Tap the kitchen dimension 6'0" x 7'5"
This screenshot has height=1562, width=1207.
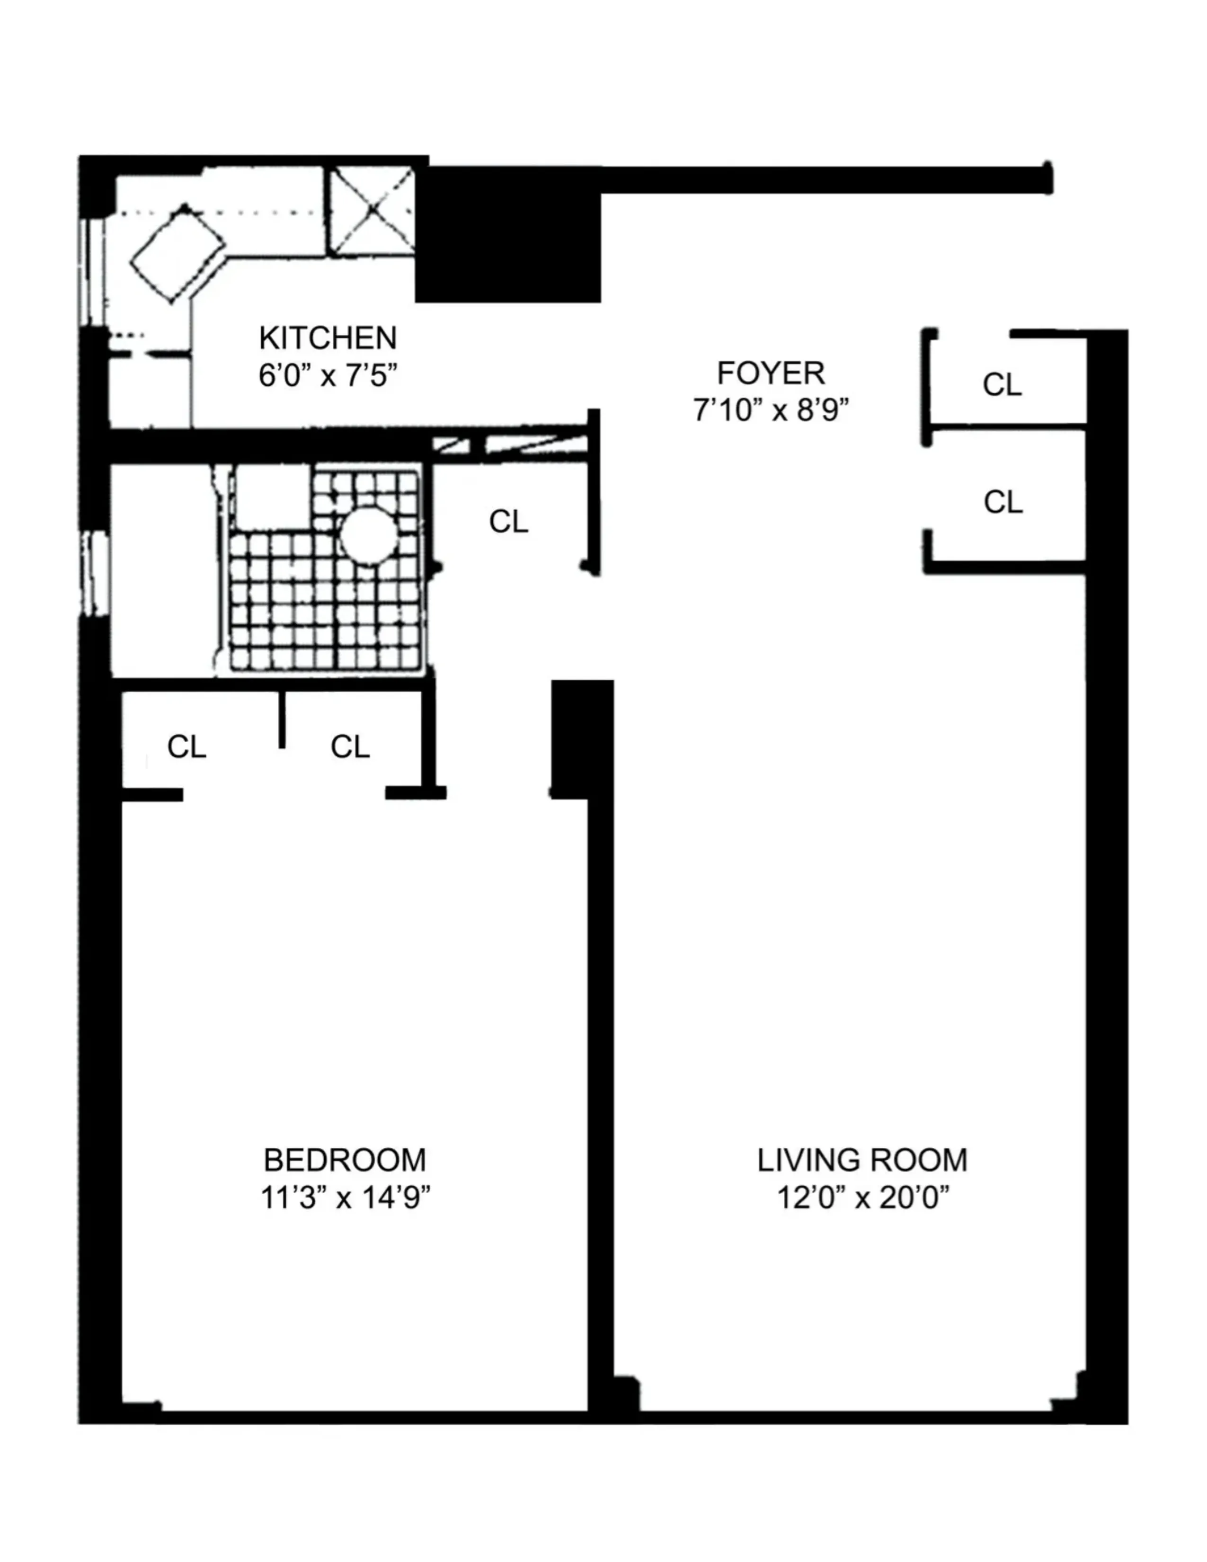(328, 375)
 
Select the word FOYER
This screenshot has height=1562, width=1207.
(770, 373)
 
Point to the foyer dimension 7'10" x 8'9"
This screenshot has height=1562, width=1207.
(770, 410)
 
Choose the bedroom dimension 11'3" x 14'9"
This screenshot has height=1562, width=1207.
(345, 1197)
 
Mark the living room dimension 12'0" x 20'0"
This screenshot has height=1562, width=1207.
(861, 1197)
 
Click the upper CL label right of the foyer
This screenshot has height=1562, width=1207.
(1002, 385)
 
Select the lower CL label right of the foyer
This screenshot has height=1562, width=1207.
(1003, 502)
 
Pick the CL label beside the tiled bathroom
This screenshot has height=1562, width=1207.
(508, 522)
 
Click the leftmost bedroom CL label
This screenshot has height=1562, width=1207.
(186, 746)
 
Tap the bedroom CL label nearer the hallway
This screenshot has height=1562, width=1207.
(350, 746)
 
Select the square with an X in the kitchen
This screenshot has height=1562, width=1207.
(371, 211)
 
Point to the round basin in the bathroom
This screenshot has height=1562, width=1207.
(368, 536)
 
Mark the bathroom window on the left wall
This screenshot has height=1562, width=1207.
(94, 574)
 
